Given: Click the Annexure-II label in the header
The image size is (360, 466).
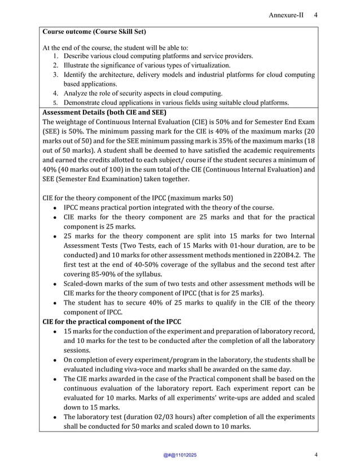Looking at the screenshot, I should click(x=286, y=15).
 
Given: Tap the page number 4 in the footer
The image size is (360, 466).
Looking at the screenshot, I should click(x=316, y=455).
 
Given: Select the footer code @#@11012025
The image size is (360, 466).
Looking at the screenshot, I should click(x=180, y=455).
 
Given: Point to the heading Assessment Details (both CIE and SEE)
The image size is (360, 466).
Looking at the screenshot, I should click(x=104, y=112).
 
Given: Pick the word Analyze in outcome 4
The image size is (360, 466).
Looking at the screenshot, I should click(x=77, y=93).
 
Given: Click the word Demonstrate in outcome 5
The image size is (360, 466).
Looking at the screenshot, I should click(x=86, y=103).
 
